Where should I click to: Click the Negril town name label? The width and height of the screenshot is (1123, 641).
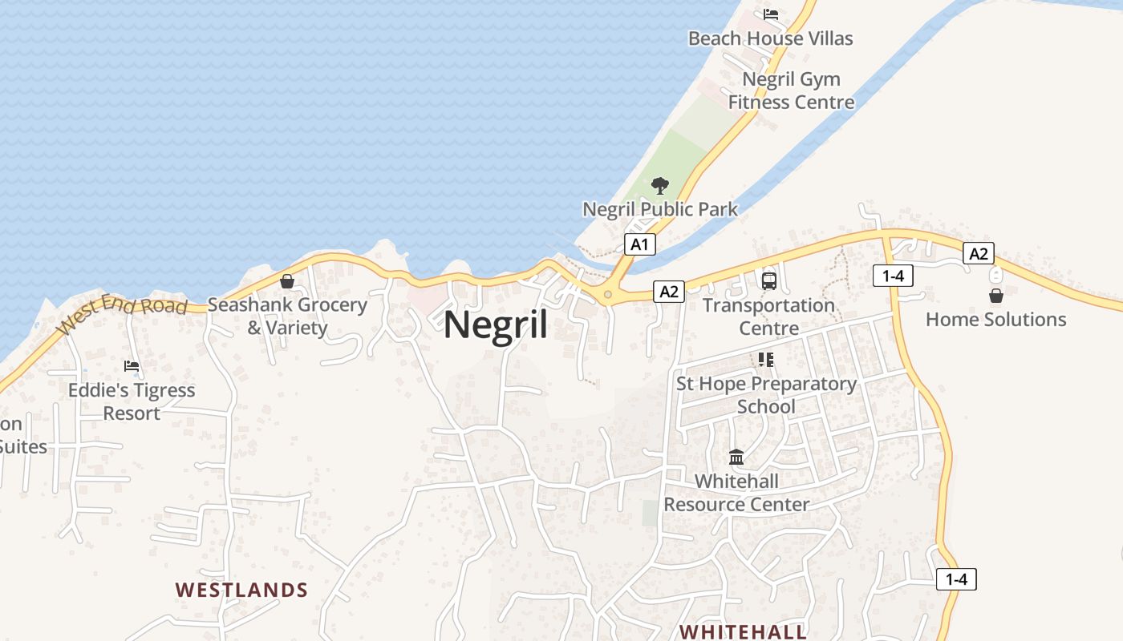point(496,325)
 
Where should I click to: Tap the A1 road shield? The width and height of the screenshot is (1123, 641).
point(639,244)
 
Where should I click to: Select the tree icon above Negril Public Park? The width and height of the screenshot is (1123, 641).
point(660,187)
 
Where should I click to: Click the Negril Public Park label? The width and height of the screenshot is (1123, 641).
point(660,210)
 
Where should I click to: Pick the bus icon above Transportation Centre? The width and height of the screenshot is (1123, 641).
point(768,281)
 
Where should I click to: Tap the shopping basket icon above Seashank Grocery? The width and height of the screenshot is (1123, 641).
point(287,281)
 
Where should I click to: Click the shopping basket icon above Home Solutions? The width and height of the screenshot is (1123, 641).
point(995,296)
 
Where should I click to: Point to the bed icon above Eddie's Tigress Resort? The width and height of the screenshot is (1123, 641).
point(132,367)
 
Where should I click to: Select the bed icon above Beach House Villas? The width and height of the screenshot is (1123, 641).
point(771,14)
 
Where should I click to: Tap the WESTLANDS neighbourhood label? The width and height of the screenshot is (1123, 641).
point(241,591)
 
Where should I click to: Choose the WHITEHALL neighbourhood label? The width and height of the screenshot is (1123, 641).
point(743,631)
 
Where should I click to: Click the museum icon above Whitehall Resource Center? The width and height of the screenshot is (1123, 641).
point(736,458)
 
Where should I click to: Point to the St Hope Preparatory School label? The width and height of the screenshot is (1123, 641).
point(766,395)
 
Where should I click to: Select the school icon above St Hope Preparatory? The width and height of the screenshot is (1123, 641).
point(766,360)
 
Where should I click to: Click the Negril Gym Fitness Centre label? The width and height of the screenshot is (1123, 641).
point(791,91)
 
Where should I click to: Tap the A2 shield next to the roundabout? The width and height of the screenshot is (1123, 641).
point(669,292)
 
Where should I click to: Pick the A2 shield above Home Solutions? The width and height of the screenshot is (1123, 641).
point(979,254)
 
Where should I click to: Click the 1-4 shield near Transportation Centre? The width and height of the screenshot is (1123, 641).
point(893,276)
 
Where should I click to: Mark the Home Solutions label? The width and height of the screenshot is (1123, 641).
point(995,320)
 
